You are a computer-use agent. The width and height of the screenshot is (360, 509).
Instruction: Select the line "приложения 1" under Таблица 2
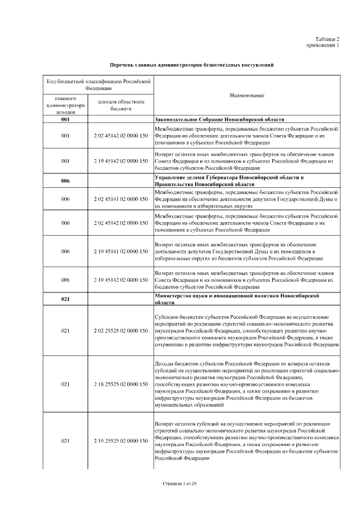tap(323, 45)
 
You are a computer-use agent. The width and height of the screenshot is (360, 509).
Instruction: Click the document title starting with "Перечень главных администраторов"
tap(191, 65)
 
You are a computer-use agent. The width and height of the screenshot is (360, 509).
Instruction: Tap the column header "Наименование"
tap(247, 96)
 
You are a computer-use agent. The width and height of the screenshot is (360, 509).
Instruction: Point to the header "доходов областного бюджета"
tap(121, 105)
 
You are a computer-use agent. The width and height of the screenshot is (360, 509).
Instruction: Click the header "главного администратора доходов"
tap(65, 105)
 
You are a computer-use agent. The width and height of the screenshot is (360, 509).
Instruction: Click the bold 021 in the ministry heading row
tap(65, 299)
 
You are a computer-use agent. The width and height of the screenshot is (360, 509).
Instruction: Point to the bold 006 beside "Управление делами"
tap(65, 181)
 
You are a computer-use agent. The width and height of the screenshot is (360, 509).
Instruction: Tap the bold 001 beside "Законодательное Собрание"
tap(65, 120)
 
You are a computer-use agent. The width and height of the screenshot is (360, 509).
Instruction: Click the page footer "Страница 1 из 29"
tap(179, 483)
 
